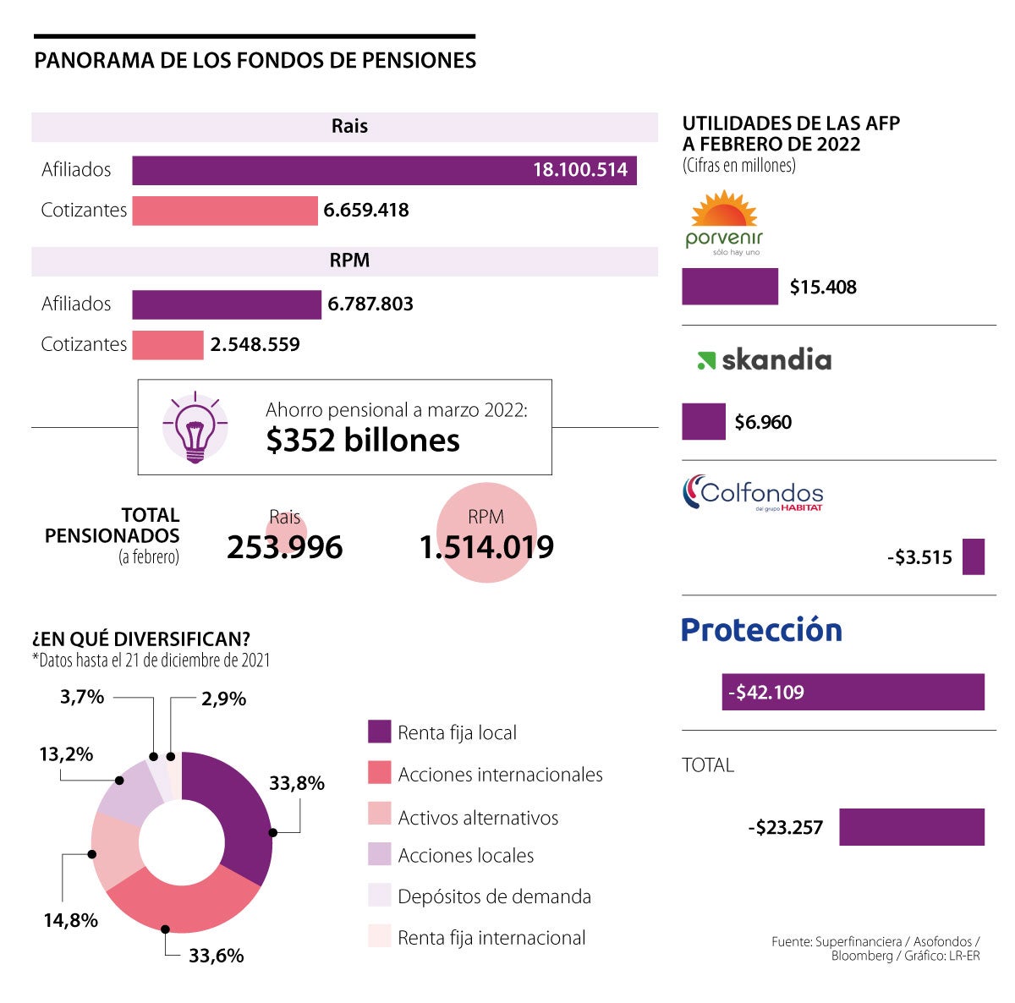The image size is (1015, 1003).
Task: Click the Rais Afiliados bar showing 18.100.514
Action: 384,170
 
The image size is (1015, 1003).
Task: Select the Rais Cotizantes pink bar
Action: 224,211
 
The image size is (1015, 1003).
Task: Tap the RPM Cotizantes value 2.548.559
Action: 255,345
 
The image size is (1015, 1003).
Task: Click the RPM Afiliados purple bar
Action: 227,304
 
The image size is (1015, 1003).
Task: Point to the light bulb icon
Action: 195,426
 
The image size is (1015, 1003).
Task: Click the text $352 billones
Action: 363,441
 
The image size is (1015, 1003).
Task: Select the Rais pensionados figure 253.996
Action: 284,547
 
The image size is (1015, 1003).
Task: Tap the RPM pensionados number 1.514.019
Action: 486,547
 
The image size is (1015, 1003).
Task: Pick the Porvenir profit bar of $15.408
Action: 730,287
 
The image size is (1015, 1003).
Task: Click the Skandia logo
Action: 764,360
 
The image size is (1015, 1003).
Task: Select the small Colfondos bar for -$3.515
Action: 974,557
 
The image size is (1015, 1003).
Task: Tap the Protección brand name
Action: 761,630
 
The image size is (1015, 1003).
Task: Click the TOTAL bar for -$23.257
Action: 912,827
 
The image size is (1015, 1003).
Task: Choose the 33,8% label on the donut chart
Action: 297,784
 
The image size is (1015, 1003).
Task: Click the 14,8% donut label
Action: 71,920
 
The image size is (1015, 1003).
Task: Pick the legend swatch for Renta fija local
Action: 380,732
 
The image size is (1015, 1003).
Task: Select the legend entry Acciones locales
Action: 465,856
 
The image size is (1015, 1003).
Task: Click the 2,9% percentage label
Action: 223,699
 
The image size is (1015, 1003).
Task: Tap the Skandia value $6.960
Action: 763,422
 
